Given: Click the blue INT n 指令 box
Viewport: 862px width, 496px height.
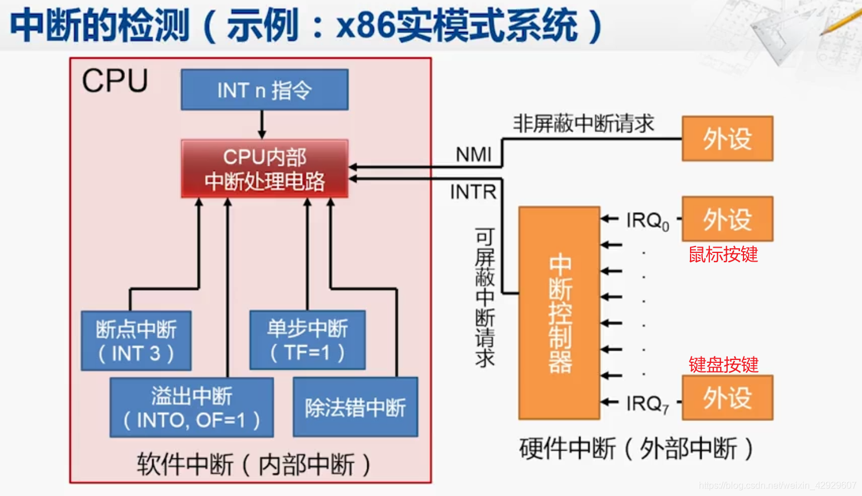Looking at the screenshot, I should click(x=264, y=90).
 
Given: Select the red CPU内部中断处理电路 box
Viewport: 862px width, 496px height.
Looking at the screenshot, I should click(x=264, y=169).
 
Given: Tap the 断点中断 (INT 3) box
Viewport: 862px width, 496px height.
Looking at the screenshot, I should click(x=136, y=341).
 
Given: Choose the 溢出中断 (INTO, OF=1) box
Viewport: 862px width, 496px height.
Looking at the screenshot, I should click(x=192, y=408).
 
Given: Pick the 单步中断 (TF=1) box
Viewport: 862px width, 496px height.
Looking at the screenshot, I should click(x=307, y=340).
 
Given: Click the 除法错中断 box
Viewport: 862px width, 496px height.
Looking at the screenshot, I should click(x=355, y=407).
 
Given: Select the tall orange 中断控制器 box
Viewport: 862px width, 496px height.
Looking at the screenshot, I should click(x=559, y=313).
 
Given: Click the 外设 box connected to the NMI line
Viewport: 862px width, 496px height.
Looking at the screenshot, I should click(x=727, y=138).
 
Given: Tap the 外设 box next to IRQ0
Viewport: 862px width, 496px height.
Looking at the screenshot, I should click(x=727, y=219).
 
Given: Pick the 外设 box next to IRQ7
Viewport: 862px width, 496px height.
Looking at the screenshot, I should click(x=727, y=398).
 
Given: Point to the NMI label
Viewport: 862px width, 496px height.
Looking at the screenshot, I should click(x=473, y=155).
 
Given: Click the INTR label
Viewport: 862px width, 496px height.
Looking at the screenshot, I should click(x=473, y=192).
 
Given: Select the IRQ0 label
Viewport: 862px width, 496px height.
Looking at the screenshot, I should click(x=647, y=221).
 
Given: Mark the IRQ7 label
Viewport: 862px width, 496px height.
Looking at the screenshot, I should click(x=647, y=404).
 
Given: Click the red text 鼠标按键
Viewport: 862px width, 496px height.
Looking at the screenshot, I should click(x=723, y=255).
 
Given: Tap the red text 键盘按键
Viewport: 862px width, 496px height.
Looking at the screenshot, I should click(x=723, y=365).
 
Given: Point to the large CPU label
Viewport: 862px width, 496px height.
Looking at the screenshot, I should click(x=115, y=81).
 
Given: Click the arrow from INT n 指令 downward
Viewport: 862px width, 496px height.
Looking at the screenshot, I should click(x=262, y=124).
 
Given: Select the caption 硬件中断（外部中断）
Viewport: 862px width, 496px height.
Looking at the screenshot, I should click(x=636, y=448).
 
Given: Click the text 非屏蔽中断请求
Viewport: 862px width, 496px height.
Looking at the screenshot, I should click(x=583, y=123).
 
